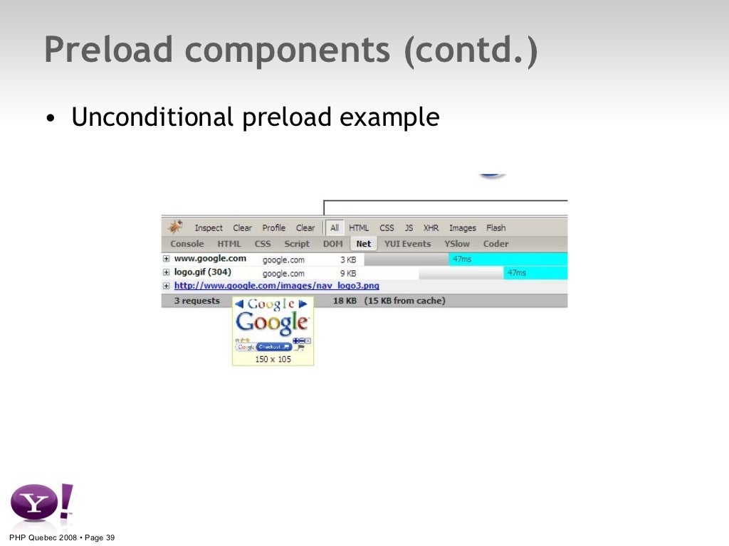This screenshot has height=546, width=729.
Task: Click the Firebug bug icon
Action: click(x=175, y=227)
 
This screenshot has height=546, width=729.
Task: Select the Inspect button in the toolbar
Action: click(x=209, y=228)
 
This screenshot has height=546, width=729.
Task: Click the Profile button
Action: click(x=273, y=228)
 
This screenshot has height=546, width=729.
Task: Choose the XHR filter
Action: click(x=431, y=228)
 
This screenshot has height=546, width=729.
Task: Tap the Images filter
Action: click(x=462, y=228)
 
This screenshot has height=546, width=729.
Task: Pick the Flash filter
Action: click(x=495, y=228)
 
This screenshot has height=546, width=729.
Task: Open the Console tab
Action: click(x=187, y=244)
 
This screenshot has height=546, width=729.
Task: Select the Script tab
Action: click(x=297, y=244)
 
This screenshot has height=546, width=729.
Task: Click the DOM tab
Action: click(x=332, y=244)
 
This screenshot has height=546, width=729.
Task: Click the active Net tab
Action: click(x=364, y=244)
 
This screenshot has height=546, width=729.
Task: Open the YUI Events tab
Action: click(x=407, y=244)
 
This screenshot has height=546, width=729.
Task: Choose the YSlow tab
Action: click(x=457, y=244)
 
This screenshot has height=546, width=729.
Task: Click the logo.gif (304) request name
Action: click(x=202, y=272)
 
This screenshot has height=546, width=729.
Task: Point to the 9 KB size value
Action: click(x=347, y=273)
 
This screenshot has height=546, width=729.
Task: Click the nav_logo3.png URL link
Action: click(x=276, y=286)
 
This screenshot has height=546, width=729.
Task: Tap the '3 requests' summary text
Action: click(x=197, y=301)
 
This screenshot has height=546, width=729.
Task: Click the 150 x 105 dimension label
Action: click(x=273, y=359)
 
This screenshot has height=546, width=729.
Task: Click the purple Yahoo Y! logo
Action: click(x=41, y=503)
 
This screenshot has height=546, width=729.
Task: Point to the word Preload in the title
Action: click(x=108, y=51)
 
